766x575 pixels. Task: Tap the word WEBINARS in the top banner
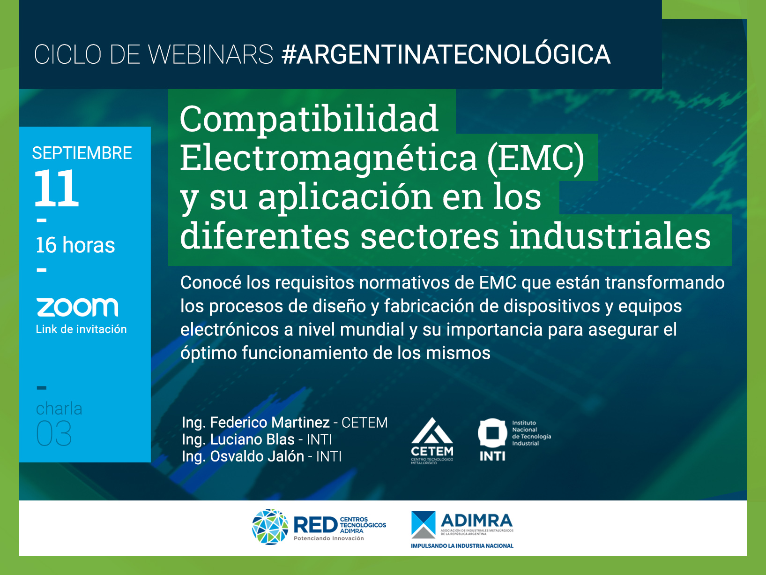211,54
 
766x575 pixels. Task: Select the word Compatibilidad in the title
309,119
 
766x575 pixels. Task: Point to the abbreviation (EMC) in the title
535,158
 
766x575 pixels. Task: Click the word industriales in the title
610,236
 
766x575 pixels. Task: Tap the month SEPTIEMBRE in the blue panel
82,153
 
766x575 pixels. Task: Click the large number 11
57,188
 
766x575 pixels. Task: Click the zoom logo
77,307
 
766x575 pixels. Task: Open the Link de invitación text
82,329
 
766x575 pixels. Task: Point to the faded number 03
54,433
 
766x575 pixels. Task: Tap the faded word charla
59,409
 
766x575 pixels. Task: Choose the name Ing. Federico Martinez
255,423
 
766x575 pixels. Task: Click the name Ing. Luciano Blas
238,439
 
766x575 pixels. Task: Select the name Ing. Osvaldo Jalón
243,457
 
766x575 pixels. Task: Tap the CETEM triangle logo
432,431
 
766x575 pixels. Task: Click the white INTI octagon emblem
492,433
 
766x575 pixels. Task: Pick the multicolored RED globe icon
270,527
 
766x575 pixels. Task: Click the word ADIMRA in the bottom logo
476,521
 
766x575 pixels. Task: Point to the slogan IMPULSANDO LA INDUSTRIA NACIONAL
462,545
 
